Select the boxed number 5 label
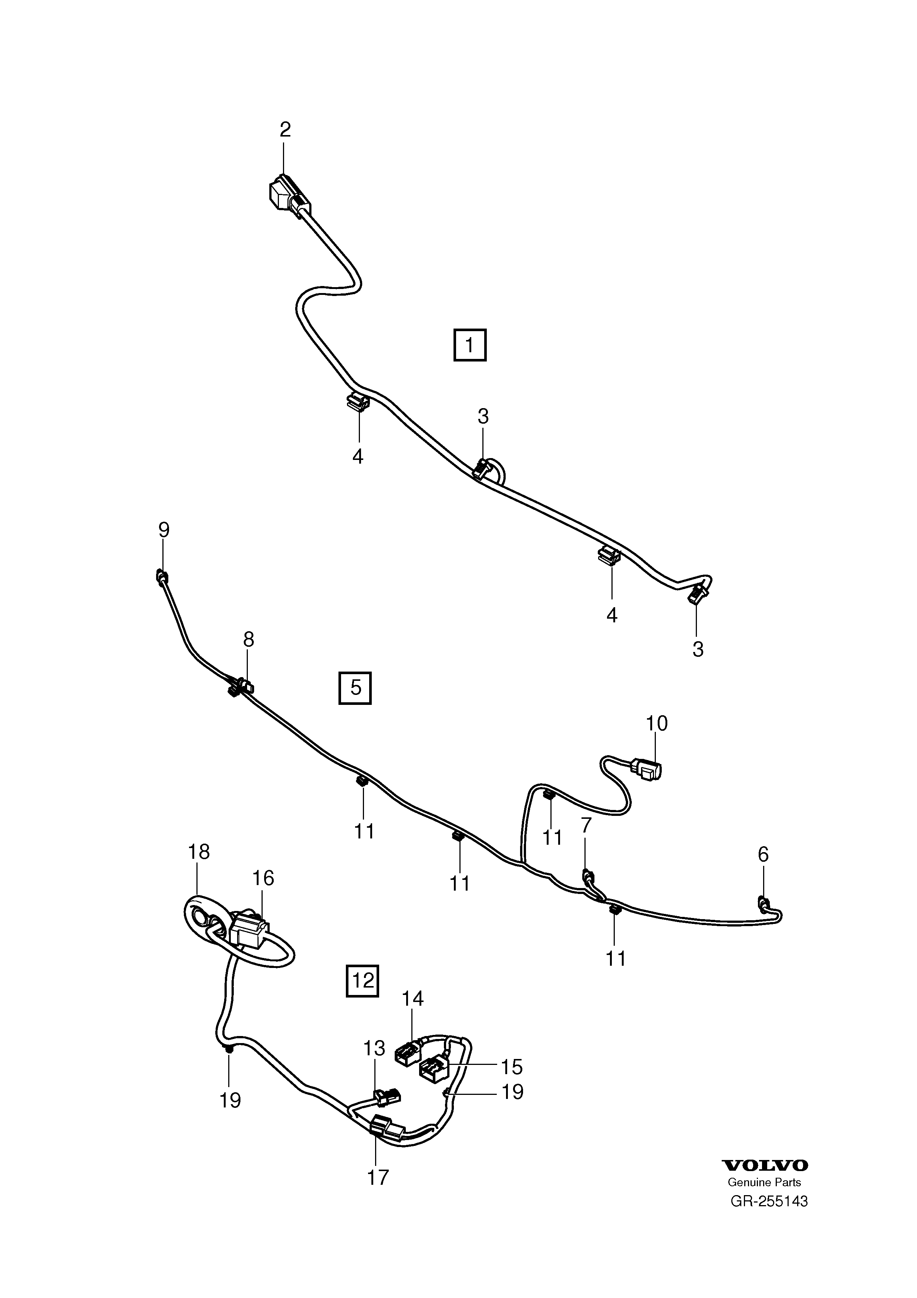[355, 688]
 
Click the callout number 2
[285, 130]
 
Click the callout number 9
[163, 530]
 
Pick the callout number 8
[249, 639]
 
